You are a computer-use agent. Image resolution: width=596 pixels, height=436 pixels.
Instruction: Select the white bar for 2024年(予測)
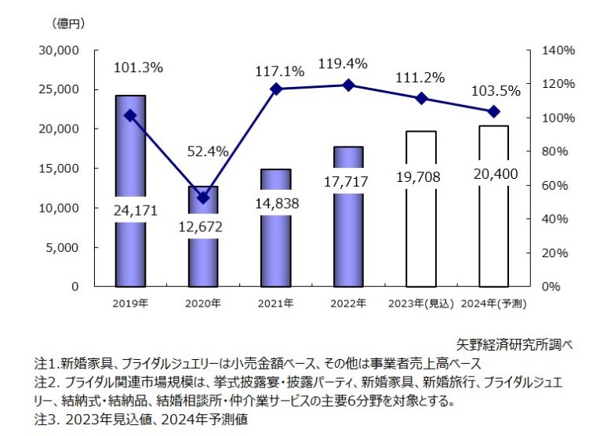coord(493,235)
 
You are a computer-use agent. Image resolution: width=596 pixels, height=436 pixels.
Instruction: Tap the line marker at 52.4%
coord(203,198)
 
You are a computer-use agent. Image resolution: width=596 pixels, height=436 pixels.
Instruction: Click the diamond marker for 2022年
coord(348,85)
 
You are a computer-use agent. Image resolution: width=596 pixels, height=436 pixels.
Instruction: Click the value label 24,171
coord(130,209)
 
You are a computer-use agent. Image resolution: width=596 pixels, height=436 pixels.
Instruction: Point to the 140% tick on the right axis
coord(558,50)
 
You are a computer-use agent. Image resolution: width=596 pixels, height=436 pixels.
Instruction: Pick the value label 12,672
coord(203,228)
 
